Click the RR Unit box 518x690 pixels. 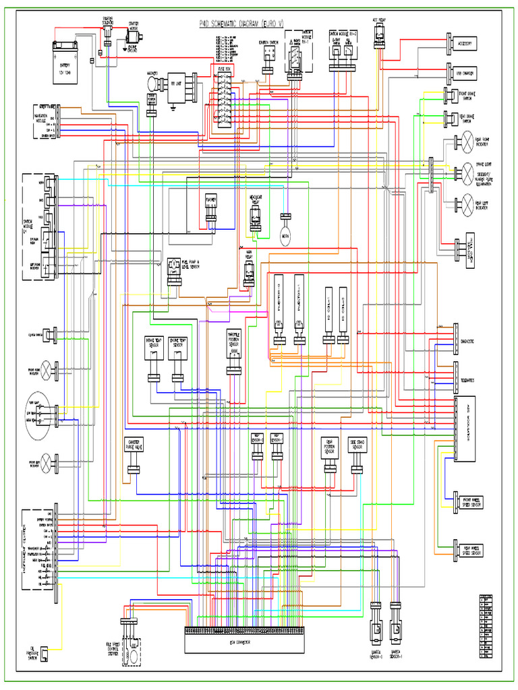click(176, 84)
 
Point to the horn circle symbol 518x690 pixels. click(285, 233)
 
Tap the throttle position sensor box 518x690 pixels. click(234, 344)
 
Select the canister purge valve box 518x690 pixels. click(134, 445)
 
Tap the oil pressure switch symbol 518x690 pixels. click(44, 654)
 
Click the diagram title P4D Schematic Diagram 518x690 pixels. click(242, 24)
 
